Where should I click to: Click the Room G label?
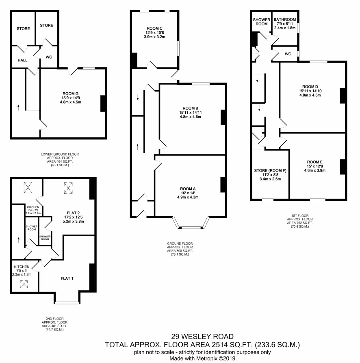(71, 94)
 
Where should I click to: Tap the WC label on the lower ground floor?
(49, 57)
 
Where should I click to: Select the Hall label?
(22, 60)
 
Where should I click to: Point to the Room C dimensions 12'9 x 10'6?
(155, 33)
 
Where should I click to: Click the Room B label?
(191, 109)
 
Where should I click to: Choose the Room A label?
(188, 189)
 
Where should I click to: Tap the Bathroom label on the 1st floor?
(285, 20)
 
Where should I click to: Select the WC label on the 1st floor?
(288, 54)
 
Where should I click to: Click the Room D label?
(310, 87)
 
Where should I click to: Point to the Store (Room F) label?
(270, 171)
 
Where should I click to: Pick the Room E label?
(314, 162)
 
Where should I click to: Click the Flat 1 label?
(67, 278)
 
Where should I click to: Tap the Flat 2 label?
(74, 213)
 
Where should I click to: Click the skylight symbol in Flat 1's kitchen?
(24, 284)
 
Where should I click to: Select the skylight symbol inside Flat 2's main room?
(68, 188)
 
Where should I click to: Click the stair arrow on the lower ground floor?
(18, 107)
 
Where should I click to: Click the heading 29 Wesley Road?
(202, 337)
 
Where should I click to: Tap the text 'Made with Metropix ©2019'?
(202, 359)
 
